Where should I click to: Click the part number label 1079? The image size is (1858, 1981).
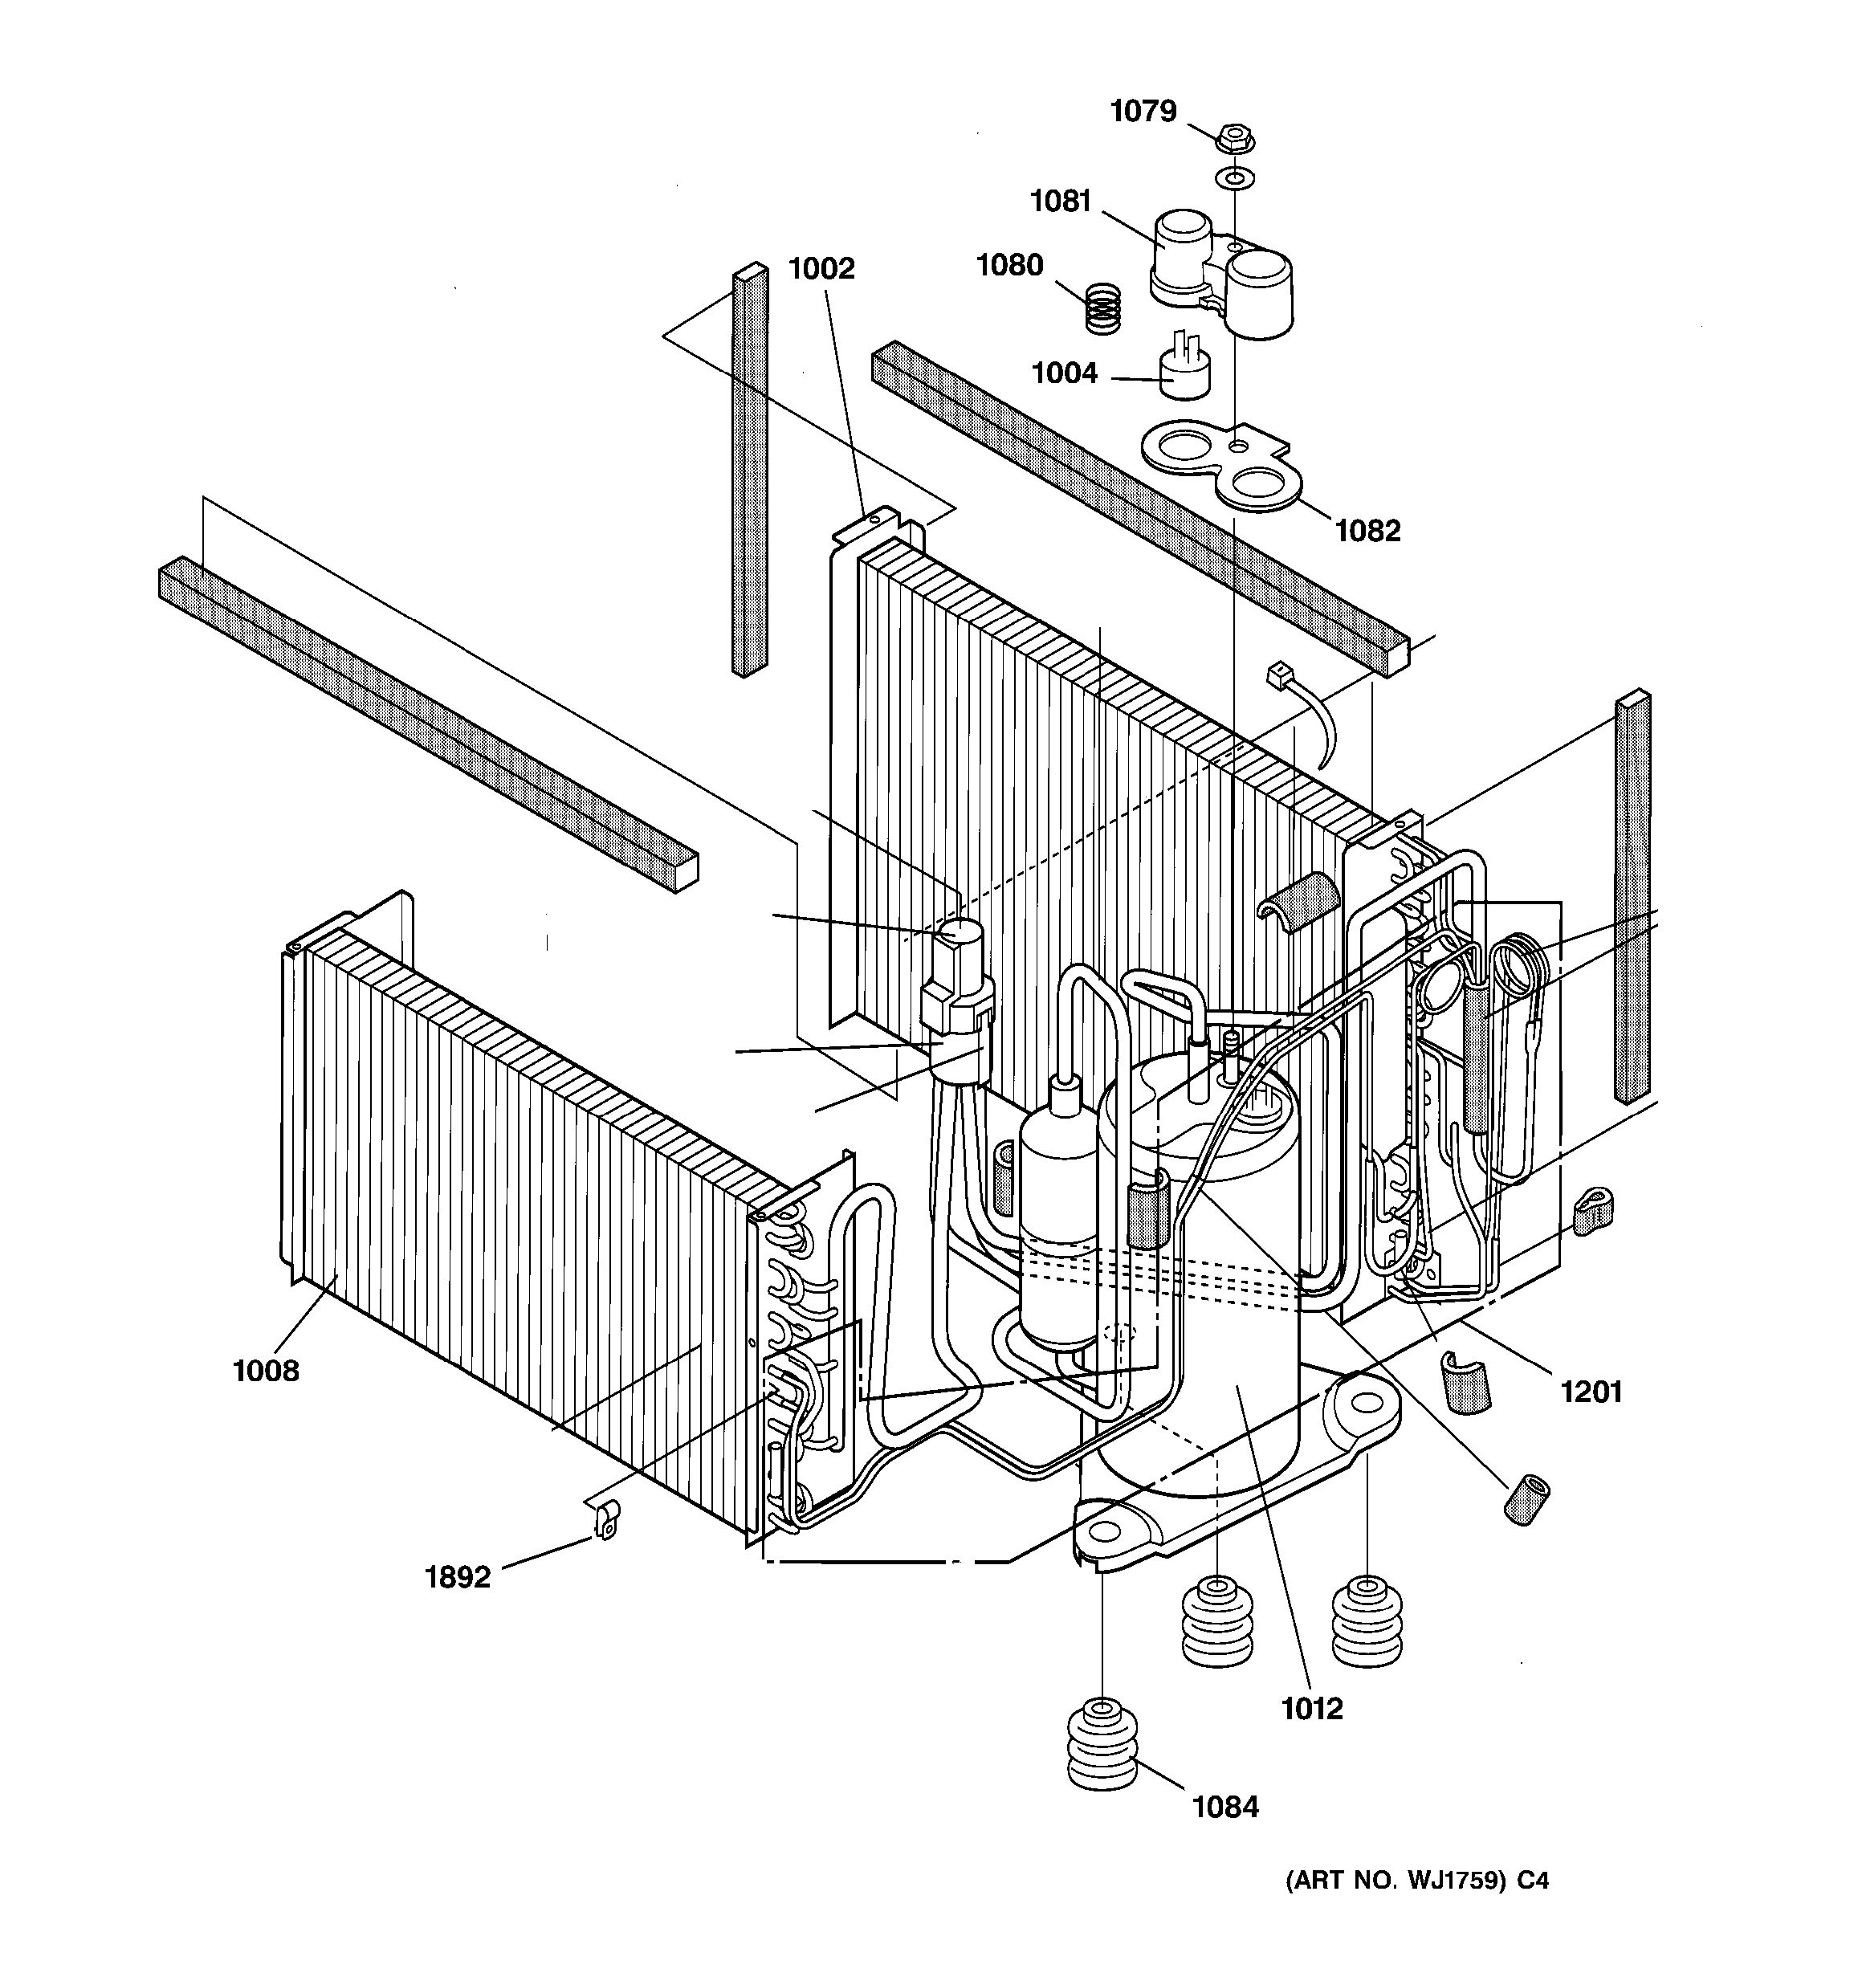(1143, 111)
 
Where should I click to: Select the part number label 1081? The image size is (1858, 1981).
(1061, 202)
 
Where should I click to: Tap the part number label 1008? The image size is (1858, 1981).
(266, 1372)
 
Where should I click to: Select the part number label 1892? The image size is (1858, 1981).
(458, 1577)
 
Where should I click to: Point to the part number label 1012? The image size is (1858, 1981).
(1312, 1709)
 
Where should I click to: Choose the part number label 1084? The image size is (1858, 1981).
(1225, 1807)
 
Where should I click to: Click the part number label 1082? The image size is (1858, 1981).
(1368, 531)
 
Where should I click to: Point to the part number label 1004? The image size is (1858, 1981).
(1064, 373)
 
